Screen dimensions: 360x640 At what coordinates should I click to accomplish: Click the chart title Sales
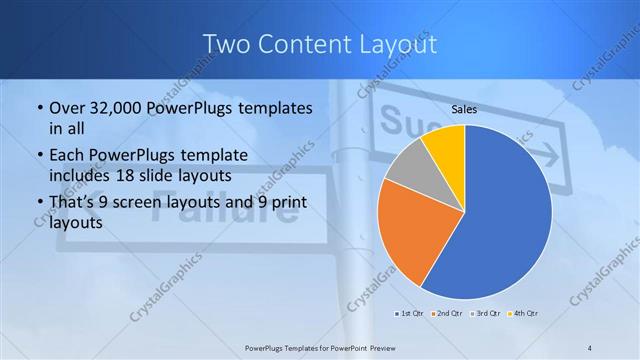(x=464, y=109)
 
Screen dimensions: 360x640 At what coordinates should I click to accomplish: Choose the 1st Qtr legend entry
(x=409, y=315)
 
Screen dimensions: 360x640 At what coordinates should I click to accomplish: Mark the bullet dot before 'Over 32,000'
(x=38, y=108)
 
